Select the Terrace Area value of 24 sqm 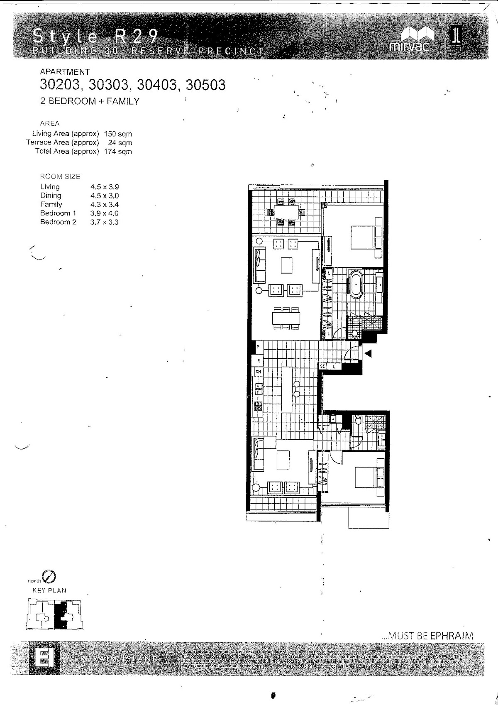point(120,142)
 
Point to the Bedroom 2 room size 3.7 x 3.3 point(104,222)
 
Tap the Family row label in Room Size point(51,204)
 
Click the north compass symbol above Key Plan point(49,576)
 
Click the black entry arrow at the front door point(368,353)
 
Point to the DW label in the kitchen point(258,372)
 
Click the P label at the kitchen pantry point(258,347)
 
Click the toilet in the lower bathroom point(359,420)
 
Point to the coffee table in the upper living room point(287,265)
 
